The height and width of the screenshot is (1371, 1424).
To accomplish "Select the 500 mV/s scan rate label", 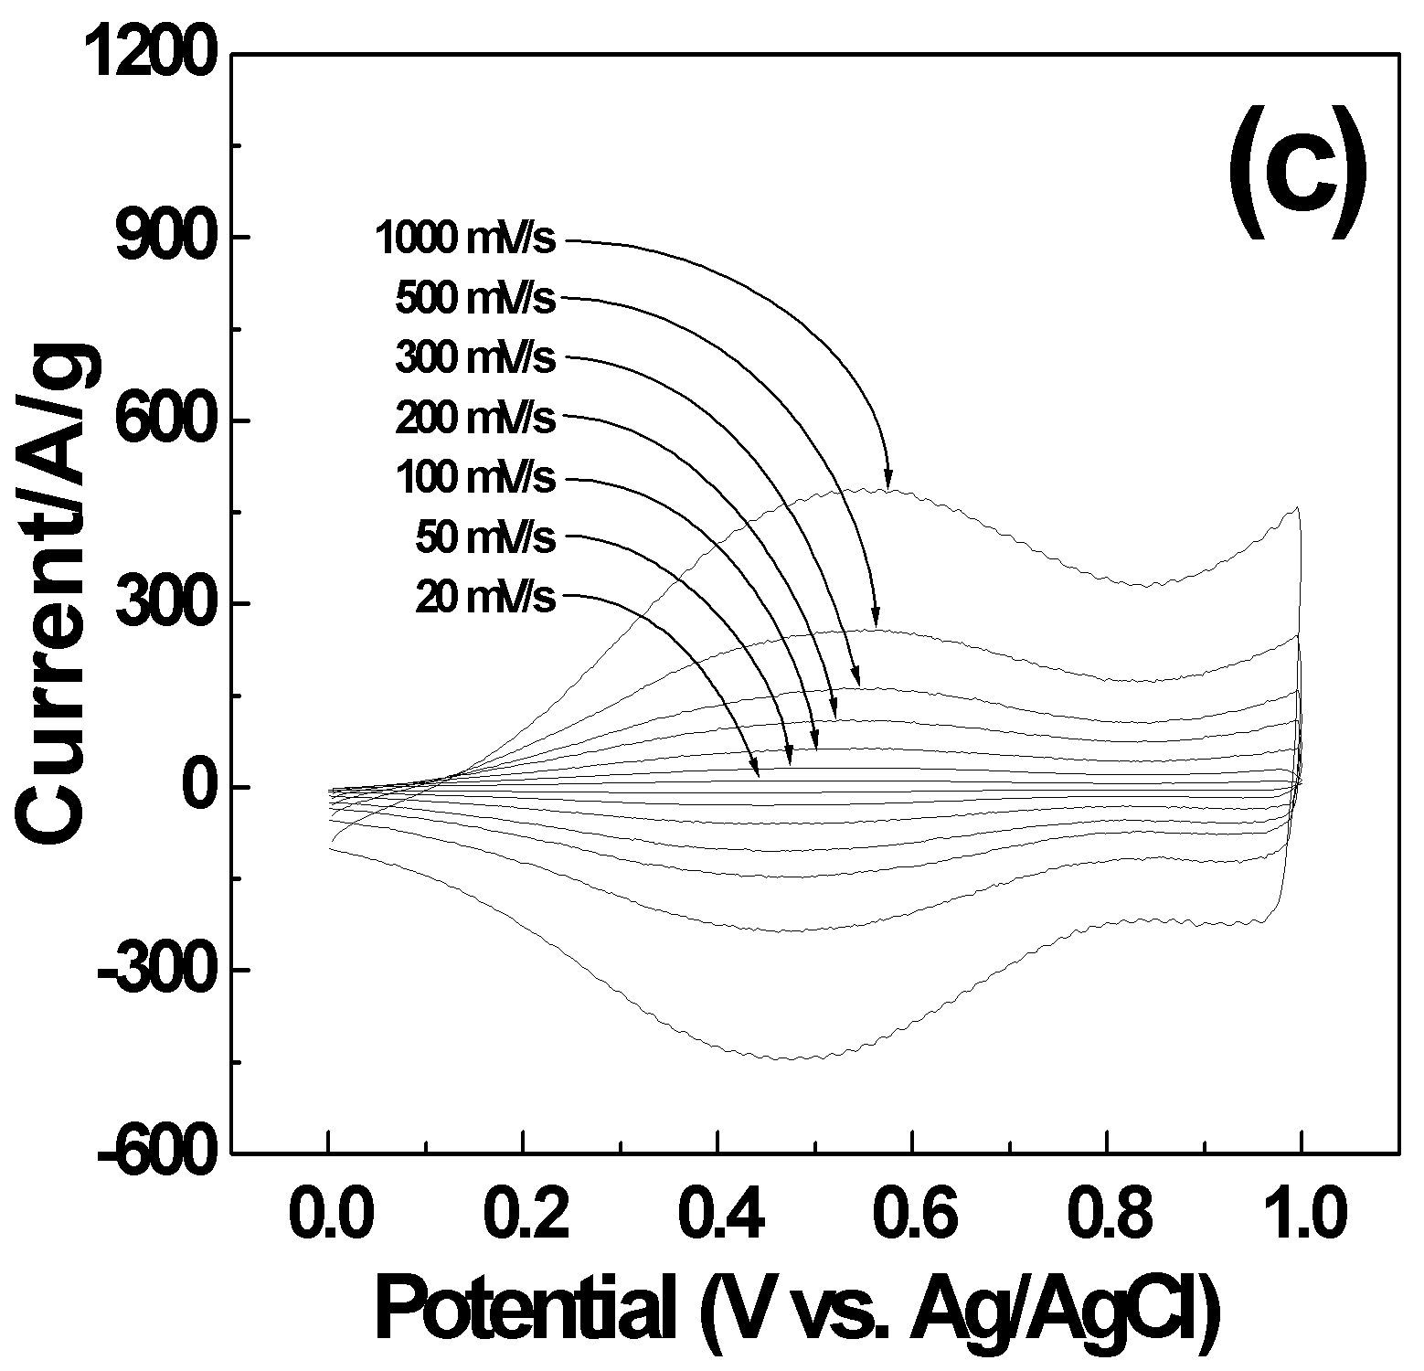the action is (x=475, y=298).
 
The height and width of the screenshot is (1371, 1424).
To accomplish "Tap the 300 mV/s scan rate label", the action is (x=475, y=357).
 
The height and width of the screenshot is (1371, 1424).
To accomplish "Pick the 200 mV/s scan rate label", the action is (x=475, y=418).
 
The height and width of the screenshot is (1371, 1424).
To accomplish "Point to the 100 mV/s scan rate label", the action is (x=475, y=477).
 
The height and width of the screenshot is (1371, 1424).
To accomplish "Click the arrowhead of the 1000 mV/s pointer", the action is (x=887, y=481).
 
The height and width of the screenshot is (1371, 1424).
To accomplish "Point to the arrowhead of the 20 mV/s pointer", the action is (x=755, y=770).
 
